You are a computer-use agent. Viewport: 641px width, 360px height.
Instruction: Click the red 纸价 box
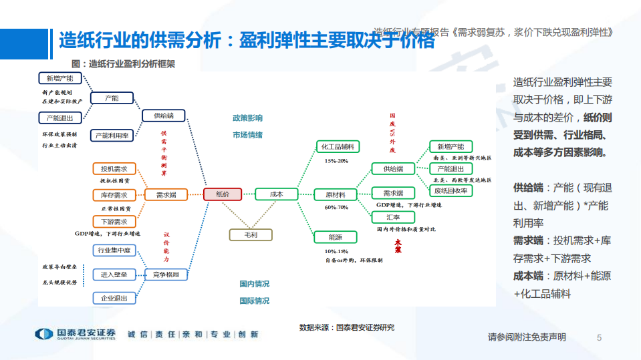(223, 194)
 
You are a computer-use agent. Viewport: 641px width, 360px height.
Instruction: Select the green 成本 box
(276, 194)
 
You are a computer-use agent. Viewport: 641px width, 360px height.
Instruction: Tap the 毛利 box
(251, 234)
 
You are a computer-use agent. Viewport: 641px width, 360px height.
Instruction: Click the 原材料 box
(335, 194)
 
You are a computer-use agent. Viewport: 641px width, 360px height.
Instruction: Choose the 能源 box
(335, 237)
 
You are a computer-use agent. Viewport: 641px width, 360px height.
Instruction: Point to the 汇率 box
(393, 217)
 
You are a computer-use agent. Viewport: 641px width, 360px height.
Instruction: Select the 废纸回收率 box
(451, 190)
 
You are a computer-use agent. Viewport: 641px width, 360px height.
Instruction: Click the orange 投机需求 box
(114, 168)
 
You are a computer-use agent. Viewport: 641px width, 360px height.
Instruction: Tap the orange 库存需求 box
(114, 195)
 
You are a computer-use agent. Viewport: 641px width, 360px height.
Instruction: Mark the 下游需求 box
(114, 221)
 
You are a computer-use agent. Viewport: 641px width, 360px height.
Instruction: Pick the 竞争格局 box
(166, 275)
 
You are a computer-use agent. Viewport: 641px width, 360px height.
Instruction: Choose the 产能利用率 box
(112, 135)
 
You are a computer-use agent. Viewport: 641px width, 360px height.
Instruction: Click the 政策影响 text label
(247, 118)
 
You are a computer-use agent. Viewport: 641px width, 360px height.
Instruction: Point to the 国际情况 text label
(255, 301)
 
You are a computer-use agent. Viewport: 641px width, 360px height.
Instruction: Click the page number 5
(599, 337)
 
